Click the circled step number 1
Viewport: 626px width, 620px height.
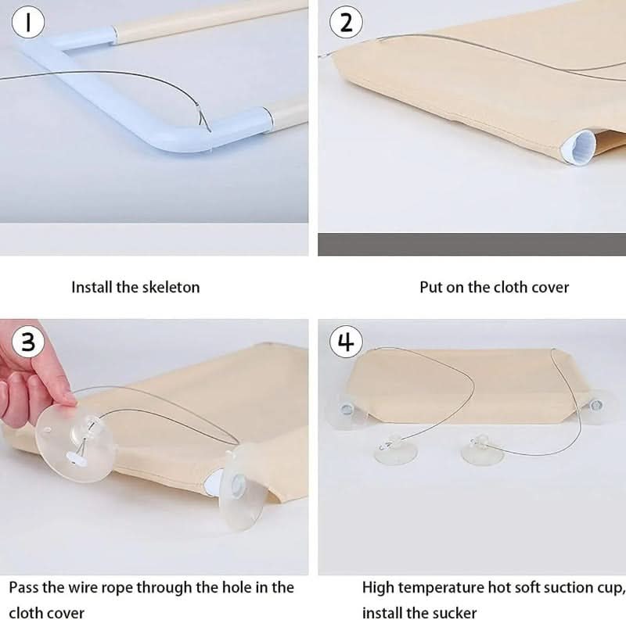coord(28,23)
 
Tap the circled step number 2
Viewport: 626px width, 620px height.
coord(346,23)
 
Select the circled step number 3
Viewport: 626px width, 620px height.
coord(28,342)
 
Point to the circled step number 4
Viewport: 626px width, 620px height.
coord(346,342)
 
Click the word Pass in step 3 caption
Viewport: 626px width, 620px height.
coord(24,588)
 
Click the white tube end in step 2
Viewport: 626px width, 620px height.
coord(579,147)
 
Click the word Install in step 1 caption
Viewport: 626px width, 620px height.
coord(92,287)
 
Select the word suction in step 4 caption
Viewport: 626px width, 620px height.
coord(568,588)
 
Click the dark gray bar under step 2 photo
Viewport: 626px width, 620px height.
coord(472,244)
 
